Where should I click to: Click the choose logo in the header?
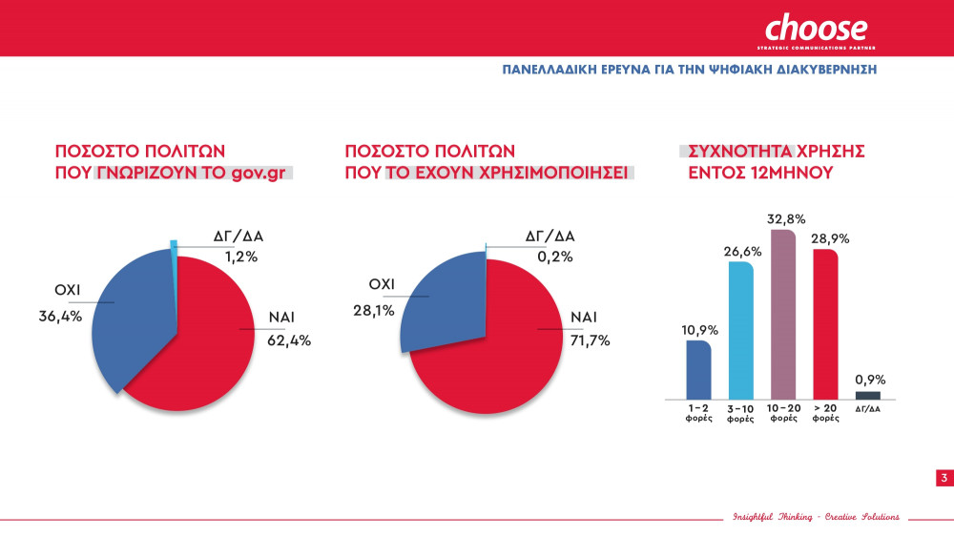click(816, 29)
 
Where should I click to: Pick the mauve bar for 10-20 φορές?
click(783, 315)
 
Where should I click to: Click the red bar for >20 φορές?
click(825, 324)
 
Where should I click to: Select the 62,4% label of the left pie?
click(293, 340)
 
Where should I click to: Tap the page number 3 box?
click(944, 478)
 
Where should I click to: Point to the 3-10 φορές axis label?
click(741, 414)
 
